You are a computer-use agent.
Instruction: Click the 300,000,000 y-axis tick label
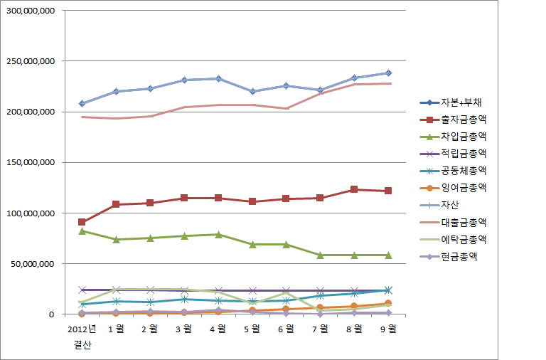(x=31, y=11)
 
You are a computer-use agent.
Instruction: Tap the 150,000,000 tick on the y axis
(x=31, y=163)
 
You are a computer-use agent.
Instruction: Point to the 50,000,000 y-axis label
(x=33, y=264)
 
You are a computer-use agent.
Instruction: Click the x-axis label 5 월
(x=251, y=328)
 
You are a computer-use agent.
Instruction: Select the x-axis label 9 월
(x=387, y=328)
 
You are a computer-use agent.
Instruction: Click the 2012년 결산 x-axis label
(x=82, y=336)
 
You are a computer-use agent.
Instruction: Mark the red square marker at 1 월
(x=116, y=204)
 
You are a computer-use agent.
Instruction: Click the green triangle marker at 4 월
(x=218, y=234)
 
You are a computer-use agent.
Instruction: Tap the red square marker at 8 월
(x=354, y=189)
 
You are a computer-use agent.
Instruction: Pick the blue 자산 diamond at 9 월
(x=388, y=73)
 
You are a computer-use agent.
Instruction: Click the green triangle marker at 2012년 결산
(x=82, y=231)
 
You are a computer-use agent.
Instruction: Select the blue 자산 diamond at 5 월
(x=252, y=91)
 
